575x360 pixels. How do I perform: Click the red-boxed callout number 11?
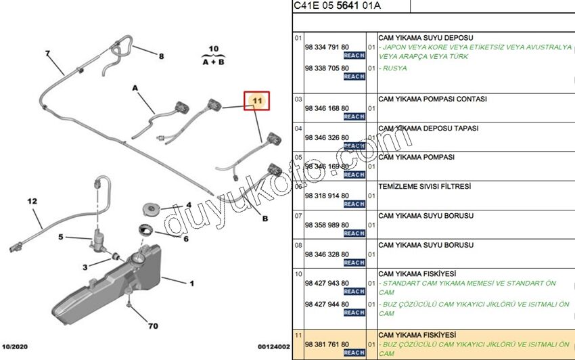click(x=257, y=101)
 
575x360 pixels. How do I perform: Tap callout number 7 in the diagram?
click(x=47, y=53)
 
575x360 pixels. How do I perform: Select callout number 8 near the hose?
click(x=161, y=56)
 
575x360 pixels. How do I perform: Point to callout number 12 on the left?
click(x=32, y=201)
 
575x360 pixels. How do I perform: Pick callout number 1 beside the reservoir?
click(x=191, y=284)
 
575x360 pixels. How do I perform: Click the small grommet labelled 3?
click(x=114, y=256)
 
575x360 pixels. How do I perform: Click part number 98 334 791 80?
click(x=327, y=47)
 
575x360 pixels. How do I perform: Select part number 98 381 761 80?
click(x=327, y=344)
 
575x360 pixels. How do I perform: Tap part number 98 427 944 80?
click(x=327, y=305)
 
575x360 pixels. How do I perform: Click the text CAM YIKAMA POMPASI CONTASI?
click(x=432, y=99)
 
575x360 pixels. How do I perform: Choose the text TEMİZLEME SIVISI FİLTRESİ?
click(x=424, y=186)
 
